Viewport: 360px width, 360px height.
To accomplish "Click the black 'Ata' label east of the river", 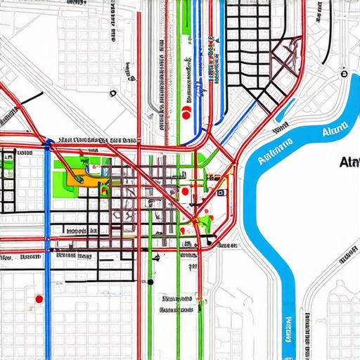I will pos(348,162).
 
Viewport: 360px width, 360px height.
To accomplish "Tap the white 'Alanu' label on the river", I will pos(334,130).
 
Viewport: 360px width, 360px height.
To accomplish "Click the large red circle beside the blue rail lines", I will pos(186,111).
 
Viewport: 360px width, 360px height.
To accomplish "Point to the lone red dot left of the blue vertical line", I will pos(39,300).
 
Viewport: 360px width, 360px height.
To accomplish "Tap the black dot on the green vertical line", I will pos(150,282).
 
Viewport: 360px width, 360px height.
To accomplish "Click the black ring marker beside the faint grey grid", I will pos(112,92).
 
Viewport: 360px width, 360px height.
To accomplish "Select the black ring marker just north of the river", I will pos(344,71).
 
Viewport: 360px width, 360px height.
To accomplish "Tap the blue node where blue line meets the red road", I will pos(48,143).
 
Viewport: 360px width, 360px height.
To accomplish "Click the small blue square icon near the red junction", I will pos(220,191).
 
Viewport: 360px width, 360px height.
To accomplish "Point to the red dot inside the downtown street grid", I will pos(184,191).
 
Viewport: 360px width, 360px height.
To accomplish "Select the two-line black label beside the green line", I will pos(176,303).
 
